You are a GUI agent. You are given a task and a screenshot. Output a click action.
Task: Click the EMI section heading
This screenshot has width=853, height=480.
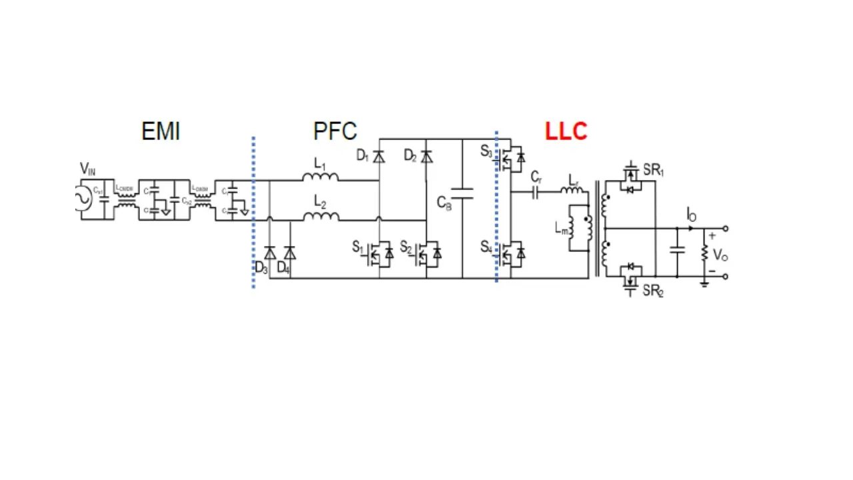161,131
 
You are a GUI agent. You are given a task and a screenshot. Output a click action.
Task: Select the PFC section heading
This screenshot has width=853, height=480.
335,131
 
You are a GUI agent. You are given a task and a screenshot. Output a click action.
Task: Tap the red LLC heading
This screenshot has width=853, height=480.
566,131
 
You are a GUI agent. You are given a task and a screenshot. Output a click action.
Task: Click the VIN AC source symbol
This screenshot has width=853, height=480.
85,198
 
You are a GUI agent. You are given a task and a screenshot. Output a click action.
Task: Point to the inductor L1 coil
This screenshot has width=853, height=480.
321,177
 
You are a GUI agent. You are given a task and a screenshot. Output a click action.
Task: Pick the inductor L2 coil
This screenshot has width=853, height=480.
321,216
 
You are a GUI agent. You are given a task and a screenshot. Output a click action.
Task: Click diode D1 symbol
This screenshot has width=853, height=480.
379,157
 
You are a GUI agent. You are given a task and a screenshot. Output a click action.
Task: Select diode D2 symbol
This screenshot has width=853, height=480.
426,157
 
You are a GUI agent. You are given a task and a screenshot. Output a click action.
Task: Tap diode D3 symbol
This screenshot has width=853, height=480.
270,253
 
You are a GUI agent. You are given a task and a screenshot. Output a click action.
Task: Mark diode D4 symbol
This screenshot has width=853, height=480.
289,253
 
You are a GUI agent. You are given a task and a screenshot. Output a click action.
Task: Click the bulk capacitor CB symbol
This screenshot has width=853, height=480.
462,193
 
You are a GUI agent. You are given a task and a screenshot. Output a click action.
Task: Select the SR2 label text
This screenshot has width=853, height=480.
653,291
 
